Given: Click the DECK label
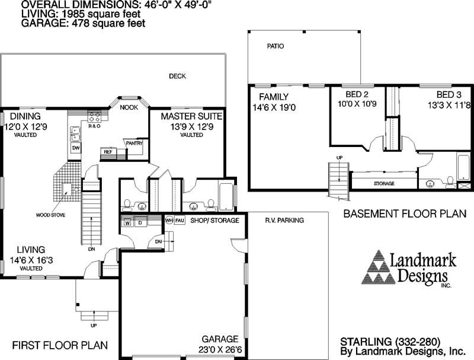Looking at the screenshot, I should [177, 76].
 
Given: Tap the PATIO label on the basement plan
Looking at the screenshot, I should [275, 46].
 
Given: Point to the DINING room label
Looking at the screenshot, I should [24, 116].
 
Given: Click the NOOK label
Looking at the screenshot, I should [129, 108].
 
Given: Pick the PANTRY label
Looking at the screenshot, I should [133, 143].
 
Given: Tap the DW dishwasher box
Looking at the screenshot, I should [76, 147].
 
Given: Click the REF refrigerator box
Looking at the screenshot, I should [108, 152].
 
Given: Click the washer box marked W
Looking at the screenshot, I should [127, 223].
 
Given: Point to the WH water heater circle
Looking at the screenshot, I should [169, 221].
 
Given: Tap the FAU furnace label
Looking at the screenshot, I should [180, 221].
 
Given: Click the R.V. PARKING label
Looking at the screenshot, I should [284, 221].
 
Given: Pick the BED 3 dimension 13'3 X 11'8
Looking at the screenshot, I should [448, 106].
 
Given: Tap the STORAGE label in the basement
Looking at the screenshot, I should [384, 184].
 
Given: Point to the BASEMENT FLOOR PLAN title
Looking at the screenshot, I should [405, 213].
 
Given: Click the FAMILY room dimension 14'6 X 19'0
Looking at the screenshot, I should [274, 107].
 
